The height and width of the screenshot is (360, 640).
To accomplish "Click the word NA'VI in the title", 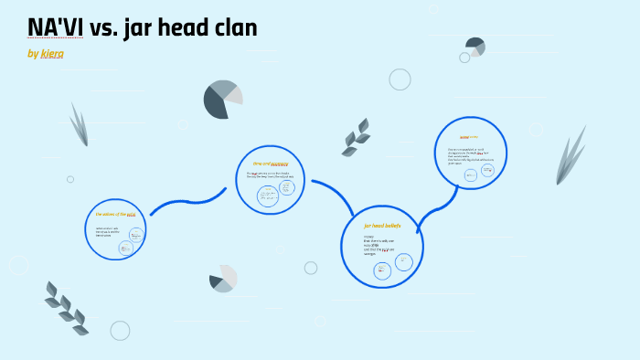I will point(56,27).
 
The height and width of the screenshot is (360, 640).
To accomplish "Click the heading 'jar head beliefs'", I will point(382,225).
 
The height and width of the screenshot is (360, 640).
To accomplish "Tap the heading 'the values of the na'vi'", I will point(115,215).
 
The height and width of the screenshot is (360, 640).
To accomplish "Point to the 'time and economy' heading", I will point(270,164).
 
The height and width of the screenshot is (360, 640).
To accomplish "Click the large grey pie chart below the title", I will point(222,100).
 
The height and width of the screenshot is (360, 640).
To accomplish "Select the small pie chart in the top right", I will point(475,47).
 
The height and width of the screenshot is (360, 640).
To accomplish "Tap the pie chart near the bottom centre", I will point(223,279).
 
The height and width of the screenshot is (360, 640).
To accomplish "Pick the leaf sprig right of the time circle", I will point(356,137).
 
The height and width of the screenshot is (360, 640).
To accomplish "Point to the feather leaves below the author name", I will point(80,124).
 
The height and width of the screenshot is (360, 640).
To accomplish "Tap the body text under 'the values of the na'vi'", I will point(108,231).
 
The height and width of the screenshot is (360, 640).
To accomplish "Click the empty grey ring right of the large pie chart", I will point(400,79).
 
